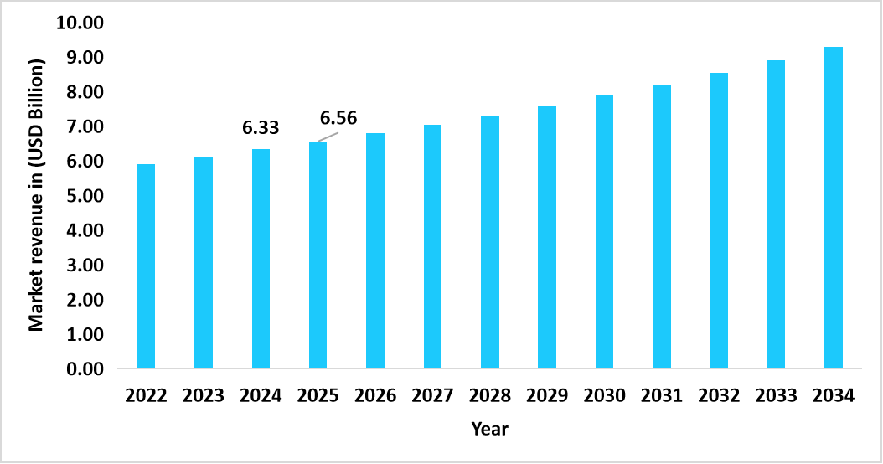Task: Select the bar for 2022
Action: pos(147,266)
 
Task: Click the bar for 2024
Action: pos(261,259)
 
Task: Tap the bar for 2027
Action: pos(432,246)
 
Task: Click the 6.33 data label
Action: pos(261,128)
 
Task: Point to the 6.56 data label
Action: pos(338,118)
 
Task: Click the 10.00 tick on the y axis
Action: pos(80,23)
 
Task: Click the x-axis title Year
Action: pos(489,429)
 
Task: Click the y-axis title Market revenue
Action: pos(37,194)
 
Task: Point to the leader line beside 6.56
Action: pos(327,137)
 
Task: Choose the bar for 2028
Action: pos(490,242)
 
